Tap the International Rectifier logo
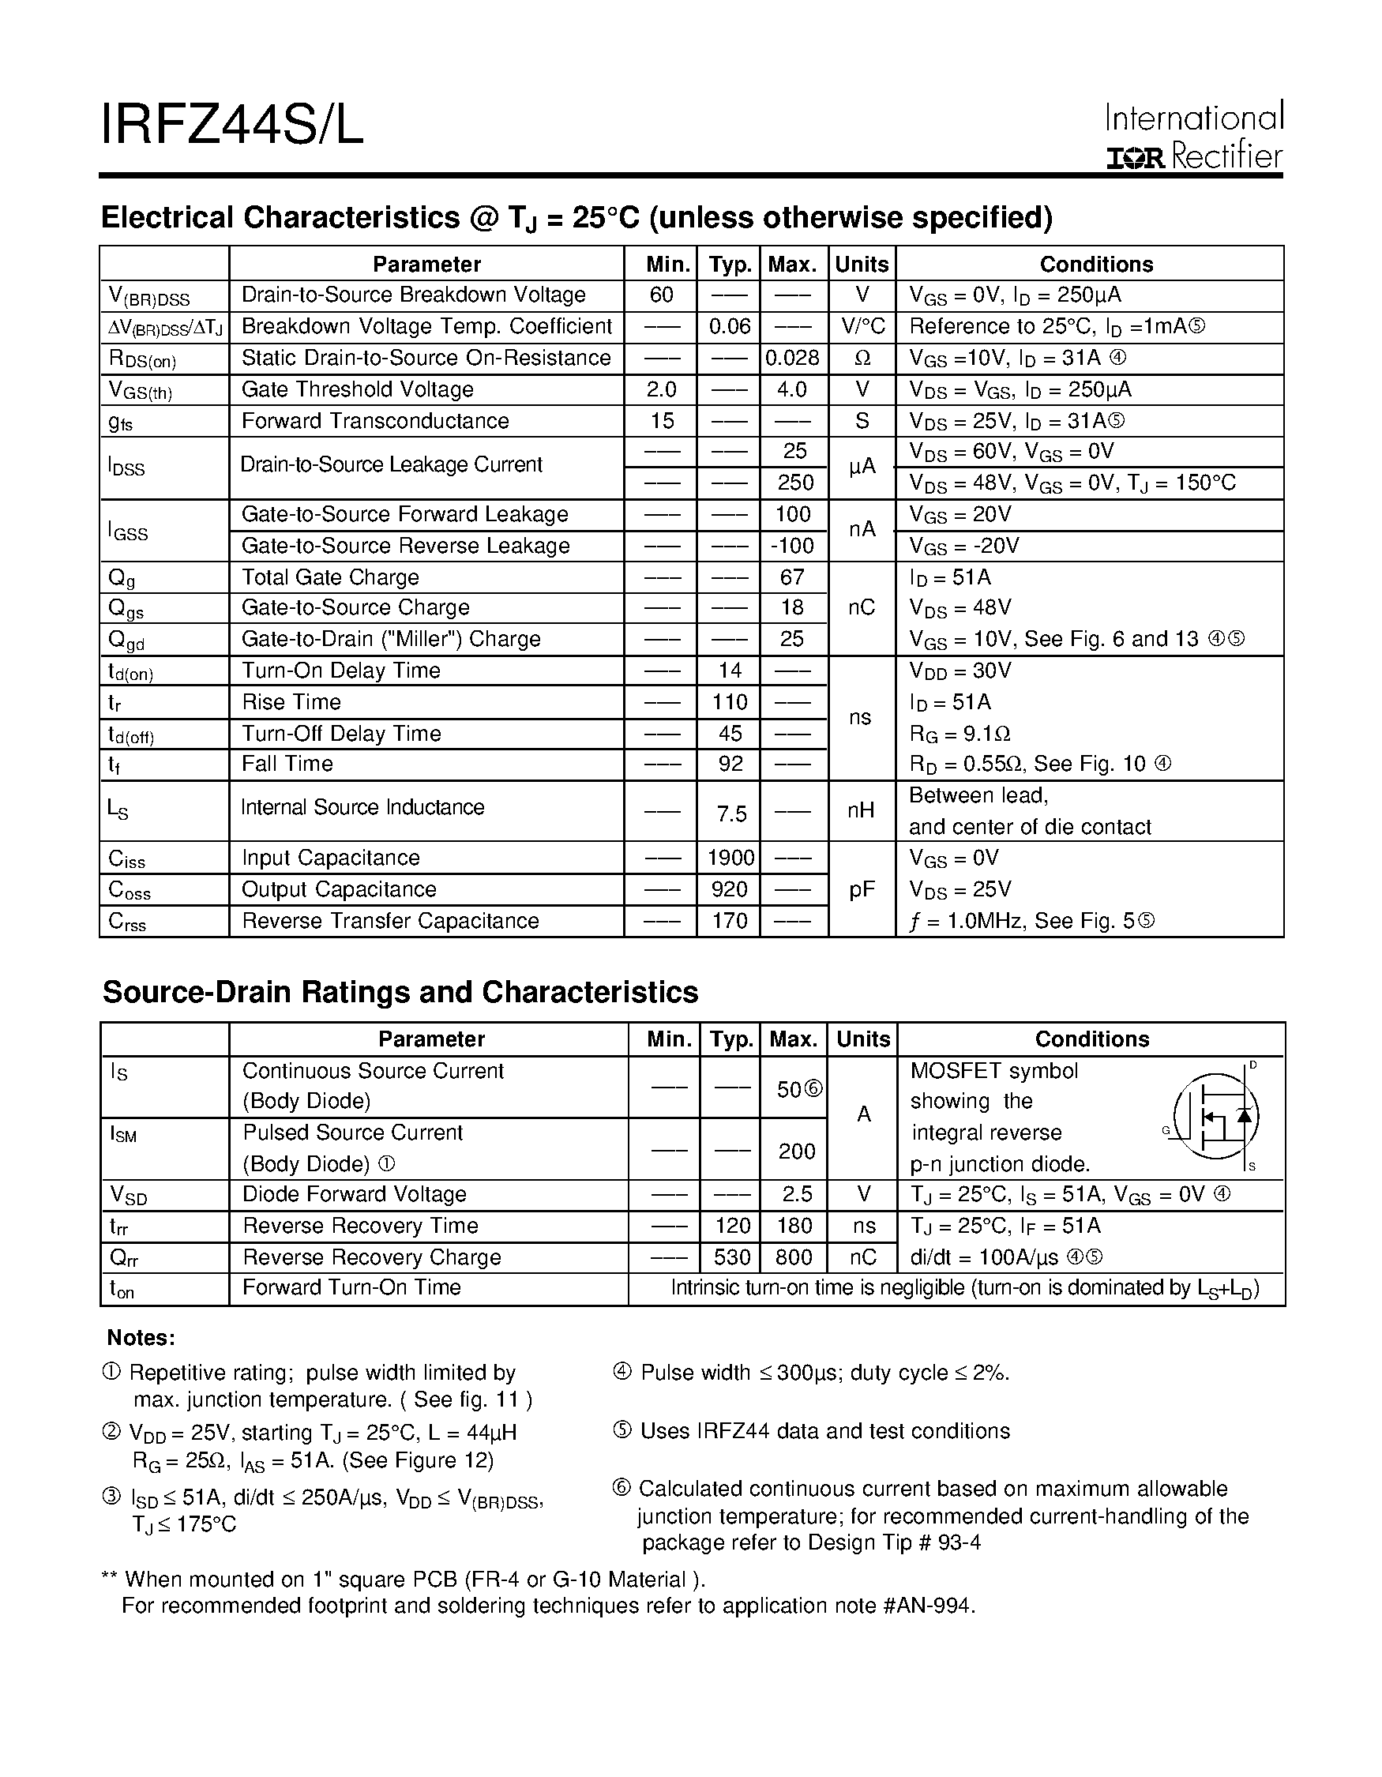pyautogui.click(x=1193, y=136)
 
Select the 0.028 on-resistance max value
pyautogui.click(x=792, y=358)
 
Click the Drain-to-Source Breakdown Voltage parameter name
pyautogui.click(x=413, y=295)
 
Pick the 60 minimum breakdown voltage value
pyautogui.click(x=661, y=295)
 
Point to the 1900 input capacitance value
pyautogui.click(x=730, y=858)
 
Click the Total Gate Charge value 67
pyautogui.click(x=792, y=577)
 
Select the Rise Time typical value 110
pyautogui.click(x=730, y=702)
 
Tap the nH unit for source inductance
pyautogui.click(x=861, y=810)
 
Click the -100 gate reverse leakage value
pyautogui.click(x=792, y=546)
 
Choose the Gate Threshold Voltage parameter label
pyautogui.click(x=357, y=389)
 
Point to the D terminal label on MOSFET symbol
pyautogui.click(x=1253, y=1065)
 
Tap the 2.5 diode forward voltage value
pyautogui.click(x=796, y=1193)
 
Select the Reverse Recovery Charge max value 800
pyautogui.click(x=793, y=1257)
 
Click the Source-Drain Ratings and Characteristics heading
pyautogui.click(x=400, y=993)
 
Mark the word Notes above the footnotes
pyautogui.click(x=141, y=1338)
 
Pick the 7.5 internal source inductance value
pyautogui.click(x=731, y=813)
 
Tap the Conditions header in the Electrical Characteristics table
pyautogui.click(x=1095, y=265)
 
